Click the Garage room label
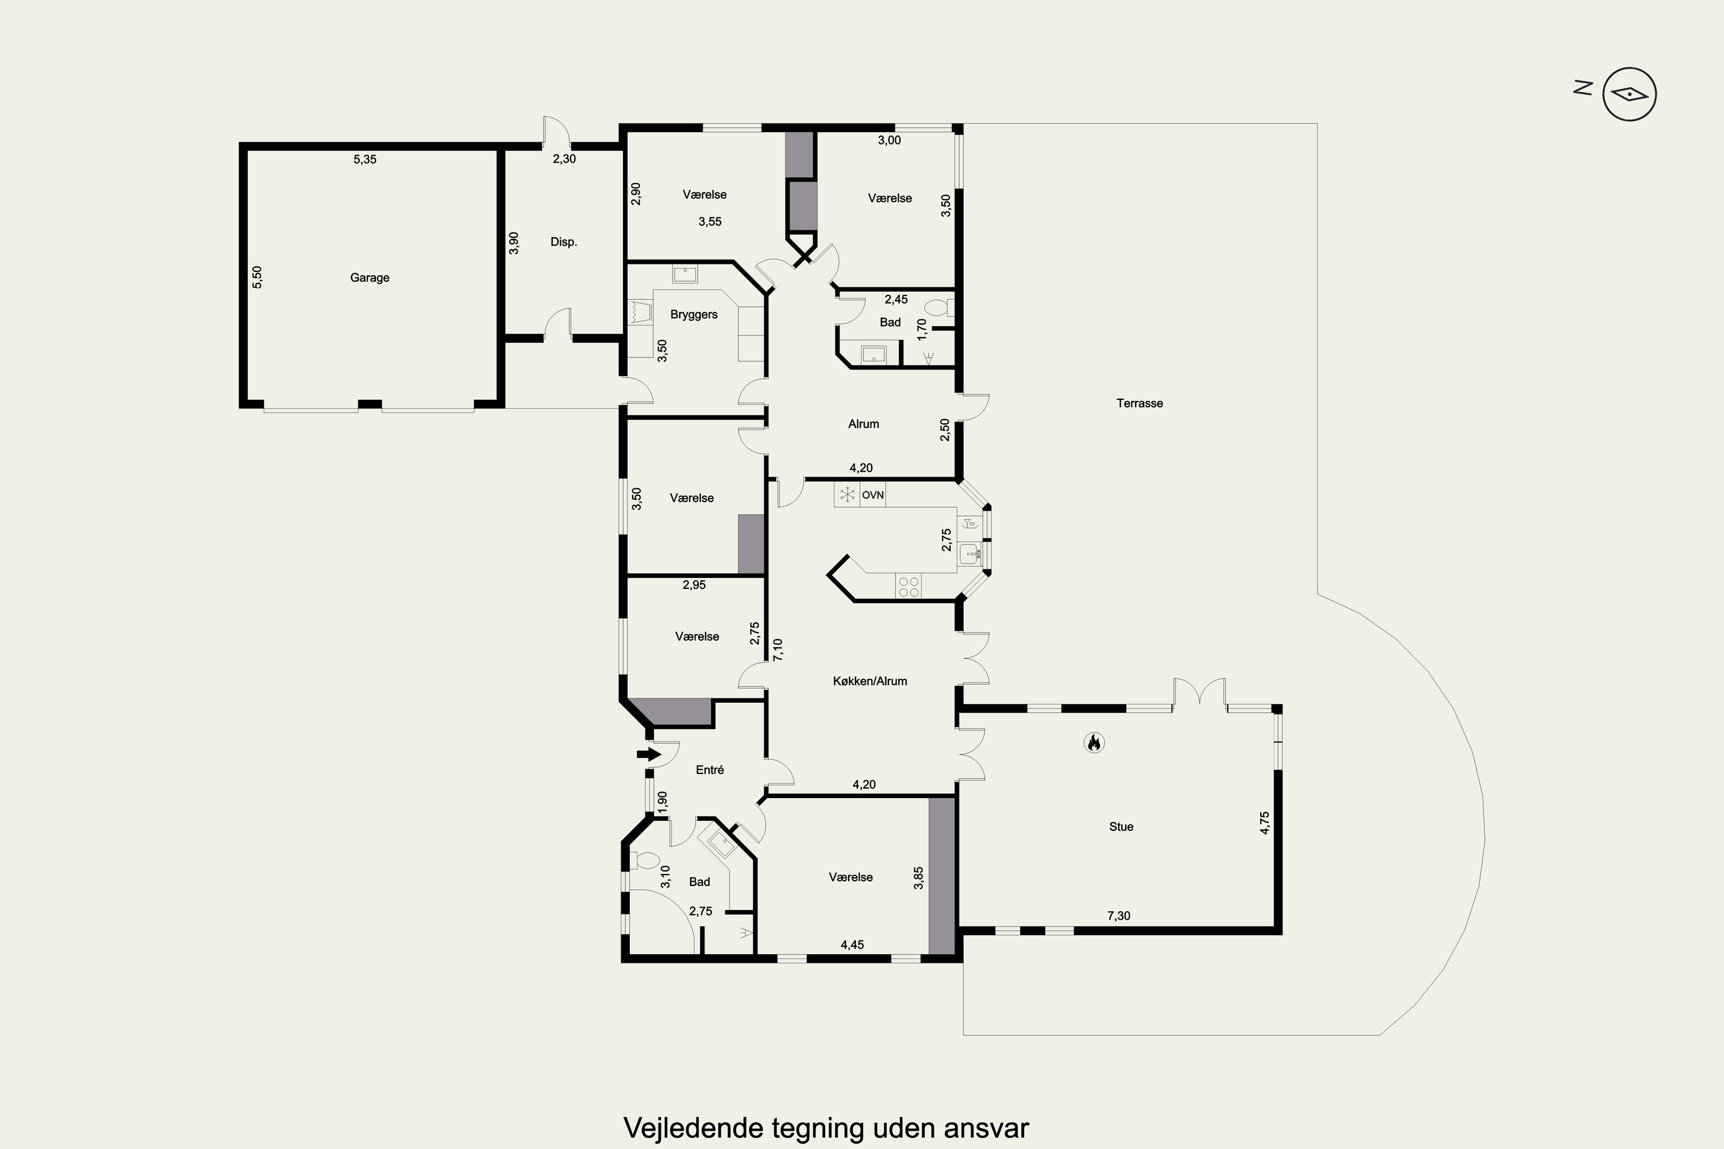coord(370,277)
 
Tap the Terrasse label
coord(1140,403)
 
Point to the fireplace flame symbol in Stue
coord(1094,743)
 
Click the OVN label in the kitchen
coord(873,495)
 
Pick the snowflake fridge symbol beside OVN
coord(847,495)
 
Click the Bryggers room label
coord(694,315)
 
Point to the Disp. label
coord(564,242)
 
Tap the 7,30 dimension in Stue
coord(1118,916)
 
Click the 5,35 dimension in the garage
coord(365,159)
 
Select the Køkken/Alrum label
coord(870,681)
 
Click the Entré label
coord(710,769)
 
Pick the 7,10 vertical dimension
coord(778,650)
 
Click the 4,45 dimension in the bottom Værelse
coord(852,945)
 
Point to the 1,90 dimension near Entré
coord(663,800)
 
